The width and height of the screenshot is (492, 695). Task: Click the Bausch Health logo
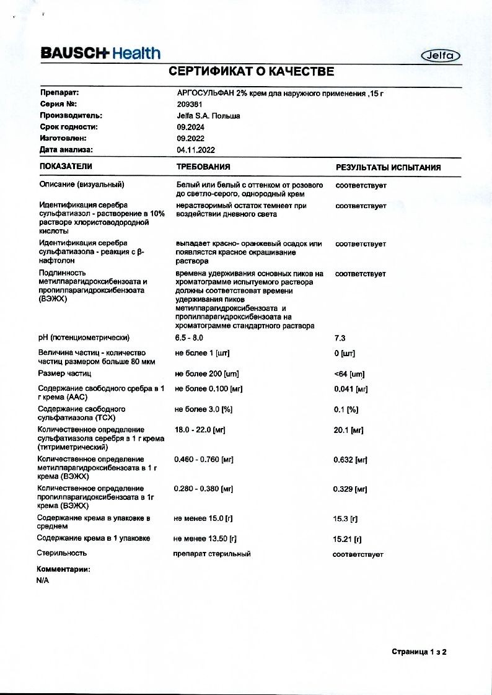coord(100,53)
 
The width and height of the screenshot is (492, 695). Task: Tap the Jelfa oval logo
coord(441,56)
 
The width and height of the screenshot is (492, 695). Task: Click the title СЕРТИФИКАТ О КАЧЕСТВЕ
coord(252,72)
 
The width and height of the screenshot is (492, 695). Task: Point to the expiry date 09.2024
coord(190,127)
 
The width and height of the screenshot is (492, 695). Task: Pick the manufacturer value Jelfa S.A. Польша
coord(208,116)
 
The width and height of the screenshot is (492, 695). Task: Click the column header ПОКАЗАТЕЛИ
coord(66,167)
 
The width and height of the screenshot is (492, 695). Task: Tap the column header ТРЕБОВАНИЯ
coord(203,167)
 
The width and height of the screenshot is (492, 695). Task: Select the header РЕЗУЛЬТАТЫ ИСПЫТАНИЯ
coord(389,167)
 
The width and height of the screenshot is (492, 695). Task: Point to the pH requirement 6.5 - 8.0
coord(189,338)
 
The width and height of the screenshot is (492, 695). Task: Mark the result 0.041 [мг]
coord(351,389)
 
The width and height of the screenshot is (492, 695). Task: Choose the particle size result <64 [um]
coord(349,374)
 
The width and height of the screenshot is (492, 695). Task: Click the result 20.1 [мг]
coord(348,430)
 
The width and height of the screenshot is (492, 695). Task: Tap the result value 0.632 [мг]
coord(351,460)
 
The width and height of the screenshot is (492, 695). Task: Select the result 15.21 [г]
coord(347,539)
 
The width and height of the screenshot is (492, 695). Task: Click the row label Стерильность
coord(62,553)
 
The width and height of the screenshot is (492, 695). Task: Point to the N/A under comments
coord(43,580)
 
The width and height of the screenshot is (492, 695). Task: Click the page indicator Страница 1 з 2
coord(419,652)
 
